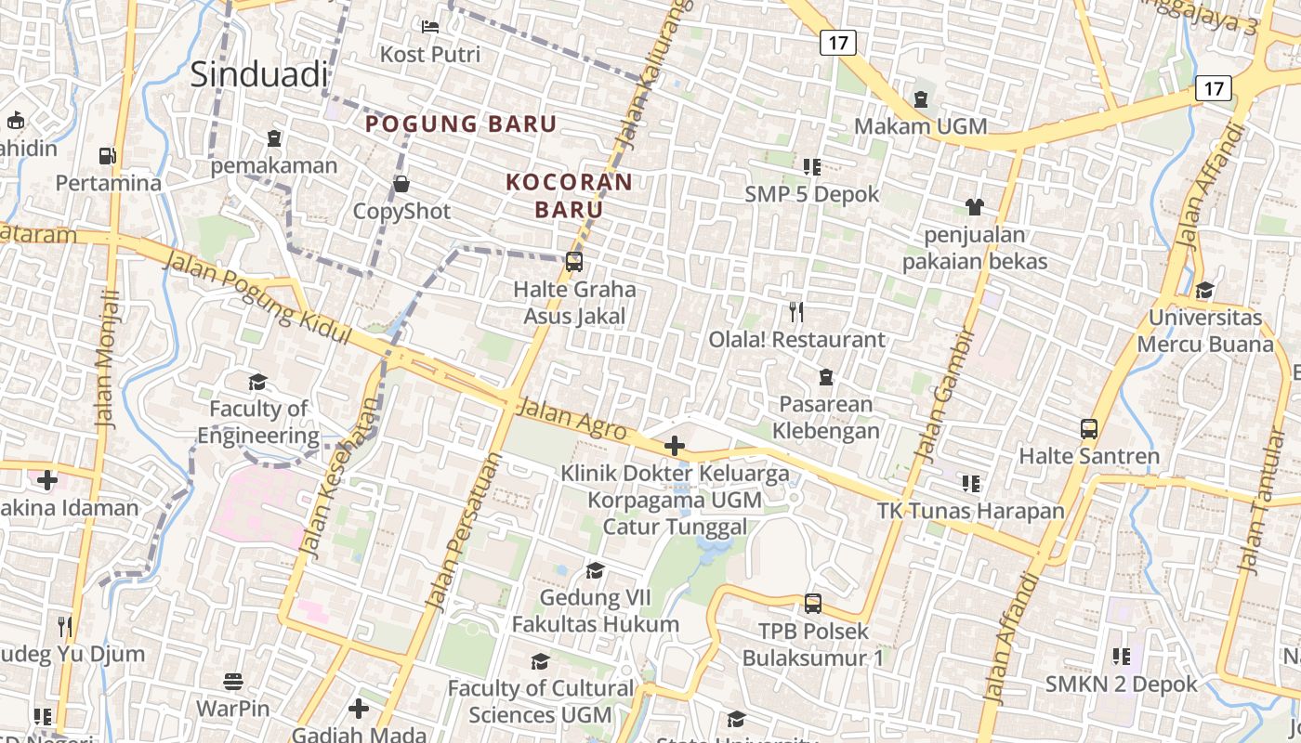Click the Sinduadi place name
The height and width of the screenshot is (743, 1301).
coord(259,74)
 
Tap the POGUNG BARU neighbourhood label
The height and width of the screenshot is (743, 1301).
coord(461,124)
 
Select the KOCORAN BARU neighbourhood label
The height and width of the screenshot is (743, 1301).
coord(569,195)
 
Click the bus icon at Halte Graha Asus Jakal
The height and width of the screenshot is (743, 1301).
coord(574,262)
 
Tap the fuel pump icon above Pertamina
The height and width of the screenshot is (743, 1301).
coord(108,156)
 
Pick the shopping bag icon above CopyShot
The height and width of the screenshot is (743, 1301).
coord(401,184)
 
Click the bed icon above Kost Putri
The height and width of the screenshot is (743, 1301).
coord(430,27)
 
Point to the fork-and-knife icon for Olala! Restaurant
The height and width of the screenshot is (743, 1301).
coord(795,311)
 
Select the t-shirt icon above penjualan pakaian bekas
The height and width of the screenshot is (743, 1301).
coord(975,206)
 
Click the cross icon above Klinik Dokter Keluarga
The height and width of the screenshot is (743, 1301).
coord(675,447)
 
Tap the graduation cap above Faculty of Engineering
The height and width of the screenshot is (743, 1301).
coord(257,382)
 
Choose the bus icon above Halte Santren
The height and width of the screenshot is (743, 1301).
coord(1089,429)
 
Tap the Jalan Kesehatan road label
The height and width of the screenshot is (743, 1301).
coord(343,478)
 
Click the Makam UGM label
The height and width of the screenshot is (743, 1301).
coord(920,125)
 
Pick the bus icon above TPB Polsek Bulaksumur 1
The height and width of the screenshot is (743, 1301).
coord(813,604)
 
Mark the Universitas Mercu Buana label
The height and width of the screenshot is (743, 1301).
coord(1205,331)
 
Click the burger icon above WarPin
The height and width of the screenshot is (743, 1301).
coord(232,682)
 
